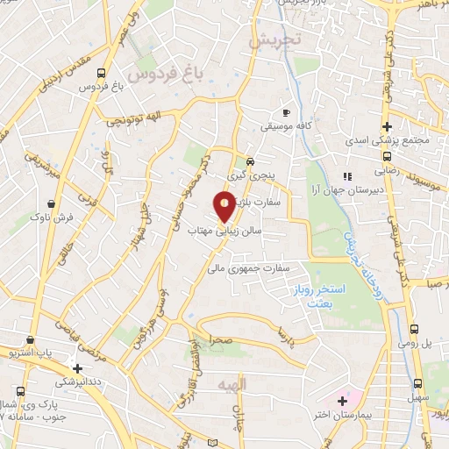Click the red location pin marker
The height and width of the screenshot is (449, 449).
[x=225, y=206]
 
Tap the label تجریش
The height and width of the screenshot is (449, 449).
[x=274, y=39]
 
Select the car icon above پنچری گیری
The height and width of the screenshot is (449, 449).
[x=250, y=161]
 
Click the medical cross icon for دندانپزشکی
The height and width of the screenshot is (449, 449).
[x=78, y=369]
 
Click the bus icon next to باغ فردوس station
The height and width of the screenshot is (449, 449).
[x=103, y=73]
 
